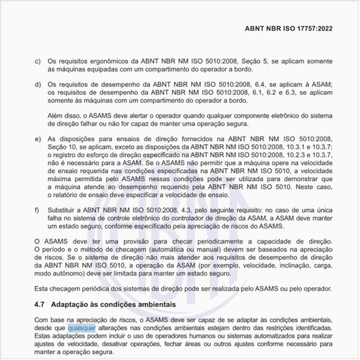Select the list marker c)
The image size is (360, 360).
[37, 60]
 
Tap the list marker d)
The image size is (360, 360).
[37, 85]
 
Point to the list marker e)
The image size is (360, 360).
[37, 139]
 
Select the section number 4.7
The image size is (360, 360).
[39, 305]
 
